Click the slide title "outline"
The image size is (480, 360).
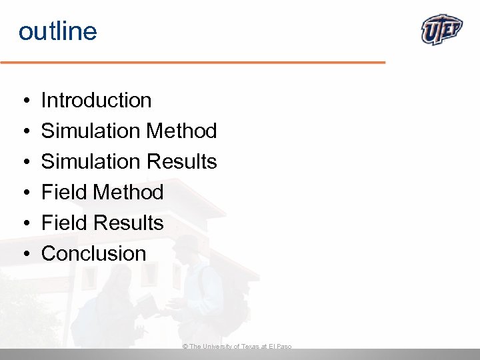[58, 31]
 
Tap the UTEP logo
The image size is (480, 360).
[441, 30]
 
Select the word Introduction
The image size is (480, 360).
[97, 100]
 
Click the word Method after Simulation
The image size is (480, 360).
[181, 131]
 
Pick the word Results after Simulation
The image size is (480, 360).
[181, 161]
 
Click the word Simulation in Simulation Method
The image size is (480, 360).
[91, 131]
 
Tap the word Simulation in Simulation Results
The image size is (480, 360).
[91, 161]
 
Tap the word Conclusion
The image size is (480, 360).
[94, 253]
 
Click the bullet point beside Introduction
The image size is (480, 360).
[24, 101]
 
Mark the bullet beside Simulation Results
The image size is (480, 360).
[24, 162]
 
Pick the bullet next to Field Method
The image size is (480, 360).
[24, 193]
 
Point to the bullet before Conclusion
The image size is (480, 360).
[24, 254]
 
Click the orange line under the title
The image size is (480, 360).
[193, 62]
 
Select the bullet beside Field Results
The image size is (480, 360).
[24, 223]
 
